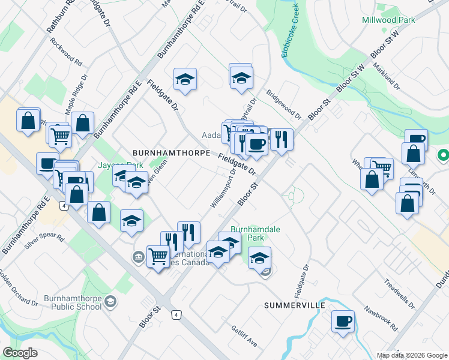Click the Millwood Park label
[x=388, y=20]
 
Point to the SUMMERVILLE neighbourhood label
[x=295, y=305]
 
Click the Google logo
[x=20, y=353]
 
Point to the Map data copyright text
[x=411, y=355]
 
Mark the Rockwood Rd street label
[x=67, y=52]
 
